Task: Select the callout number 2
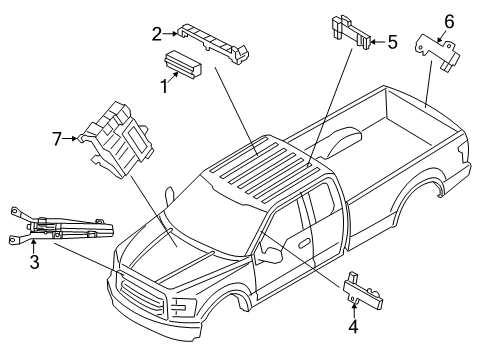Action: pos(157,35)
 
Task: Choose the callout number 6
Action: pos(449,21)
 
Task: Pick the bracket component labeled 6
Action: pos(435,51)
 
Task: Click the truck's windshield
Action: pos(216,220)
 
